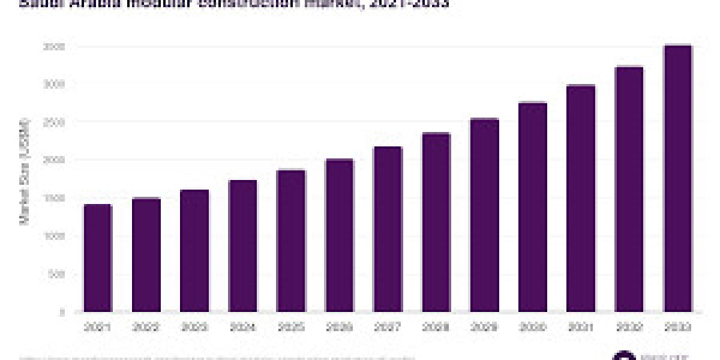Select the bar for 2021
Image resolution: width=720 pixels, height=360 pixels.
[98, 258]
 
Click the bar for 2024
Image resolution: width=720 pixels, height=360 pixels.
[242, 246]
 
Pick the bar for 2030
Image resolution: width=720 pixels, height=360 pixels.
[532, 208]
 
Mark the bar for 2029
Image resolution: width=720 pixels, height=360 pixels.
[484, 215]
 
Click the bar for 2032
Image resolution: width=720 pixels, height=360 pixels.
[629, 190]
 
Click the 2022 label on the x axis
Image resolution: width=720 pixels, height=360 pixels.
[146, 328]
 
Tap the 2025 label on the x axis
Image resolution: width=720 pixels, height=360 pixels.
[291, 328]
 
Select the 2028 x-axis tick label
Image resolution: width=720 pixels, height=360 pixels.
[436, 328]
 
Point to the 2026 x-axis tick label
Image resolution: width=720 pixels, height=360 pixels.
[339, 328]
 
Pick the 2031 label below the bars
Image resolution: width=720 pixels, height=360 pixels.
[581, 328]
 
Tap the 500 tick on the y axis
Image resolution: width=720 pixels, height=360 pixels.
[57, 274]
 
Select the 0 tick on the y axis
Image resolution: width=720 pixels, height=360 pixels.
[62, 312]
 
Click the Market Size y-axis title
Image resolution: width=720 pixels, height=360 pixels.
[25, 171]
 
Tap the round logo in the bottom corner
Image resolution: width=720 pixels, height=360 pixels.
[624, 356]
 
